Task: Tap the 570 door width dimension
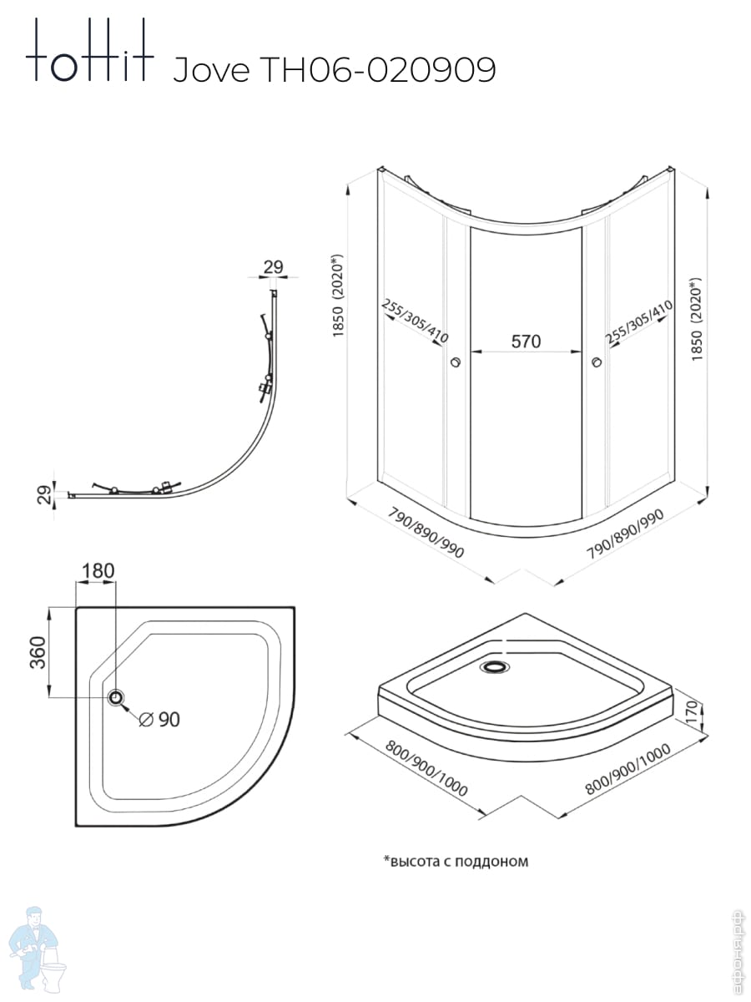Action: click(x=526, y=341)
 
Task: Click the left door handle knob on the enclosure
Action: click(x=455, y=362)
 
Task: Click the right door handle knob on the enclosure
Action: click(x=596, y=362)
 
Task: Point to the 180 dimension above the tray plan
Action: click(x=98, y=571)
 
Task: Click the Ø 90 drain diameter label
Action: click(x=159, y=719)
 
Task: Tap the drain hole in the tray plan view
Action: click(x=116, y=697)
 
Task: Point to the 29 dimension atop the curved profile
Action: click(x=274, y=267)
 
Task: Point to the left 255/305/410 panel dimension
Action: click(x=416, y=321)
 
